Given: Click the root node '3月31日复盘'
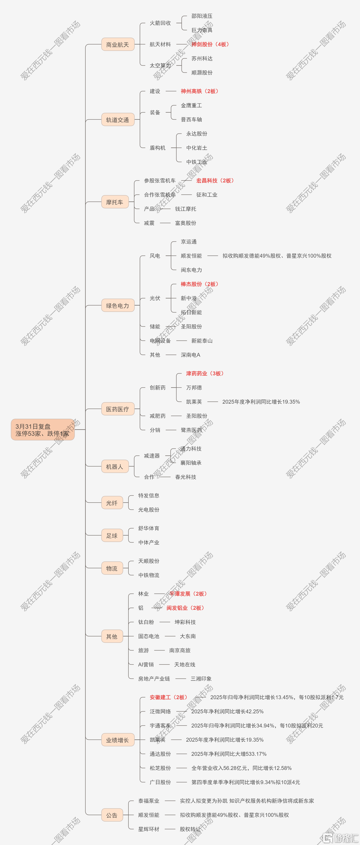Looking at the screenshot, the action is pos(43,429).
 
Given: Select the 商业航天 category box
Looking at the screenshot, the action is pos(118,44).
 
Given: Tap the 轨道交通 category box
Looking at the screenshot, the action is pos(118,120).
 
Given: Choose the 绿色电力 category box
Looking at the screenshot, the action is pos(118,305).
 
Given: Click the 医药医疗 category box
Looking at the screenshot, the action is pos(118,409).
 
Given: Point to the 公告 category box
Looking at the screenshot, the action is pos(112,815).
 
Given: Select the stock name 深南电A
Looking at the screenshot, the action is pos(190,355).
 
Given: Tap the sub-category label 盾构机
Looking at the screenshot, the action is pos(158,148).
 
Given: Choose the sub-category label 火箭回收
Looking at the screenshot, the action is pos(160,23).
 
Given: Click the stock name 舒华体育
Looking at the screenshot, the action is pos(149,528).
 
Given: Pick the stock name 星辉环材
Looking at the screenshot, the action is pos(149,829).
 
